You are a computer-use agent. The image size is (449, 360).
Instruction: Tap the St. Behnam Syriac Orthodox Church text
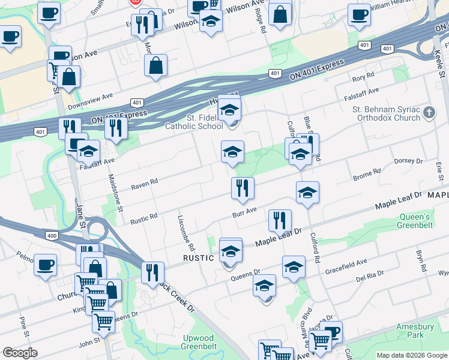[390, 113]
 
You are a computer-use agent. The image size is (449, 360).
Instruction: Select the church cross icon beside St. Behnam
[429, 112]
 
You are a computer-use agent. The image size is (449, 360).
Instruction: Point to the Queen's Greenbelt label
[415, 221]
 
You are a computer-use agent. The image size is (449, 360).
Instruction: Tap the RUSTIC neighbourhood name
[198, 258]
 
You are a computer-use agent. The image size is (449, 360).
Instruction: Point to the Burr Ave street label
[245, 212]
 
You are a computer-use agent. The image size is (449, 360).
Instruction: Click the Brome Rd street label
[367, 175]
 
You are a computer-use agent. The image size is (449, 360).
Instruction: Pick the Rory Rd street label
[363, 77]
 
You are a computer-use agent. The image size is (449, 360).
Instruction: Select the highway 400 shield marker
[52, 236]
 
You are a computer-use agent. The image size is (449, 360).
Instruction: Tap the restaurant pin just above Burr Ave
[243, 188]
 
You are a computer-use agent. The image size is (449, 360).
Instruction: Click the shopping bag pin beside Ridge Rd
[280, 14]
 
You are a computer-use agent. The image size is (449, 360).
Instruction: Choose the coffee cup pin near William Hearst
[360, 16]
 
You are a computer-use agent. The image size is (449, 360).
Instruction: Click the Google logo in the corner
[20, 352]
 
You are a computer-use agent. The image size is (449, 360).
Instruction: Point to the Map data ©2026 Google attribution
[411, 355]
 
